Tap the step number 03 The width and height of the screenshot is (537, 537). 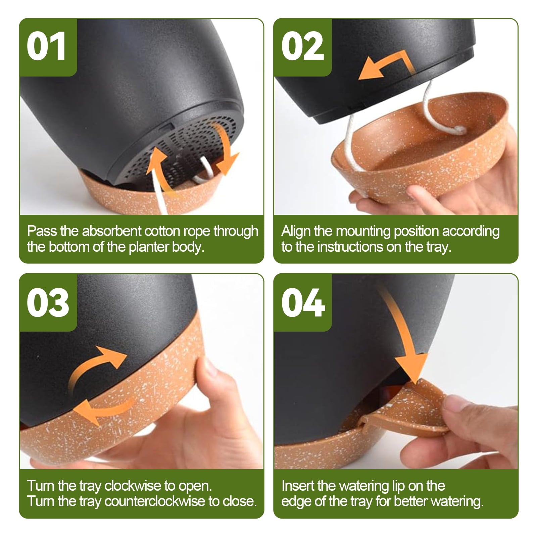(48, 303)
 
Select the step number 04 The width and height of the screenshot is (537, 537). (303, 303)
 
